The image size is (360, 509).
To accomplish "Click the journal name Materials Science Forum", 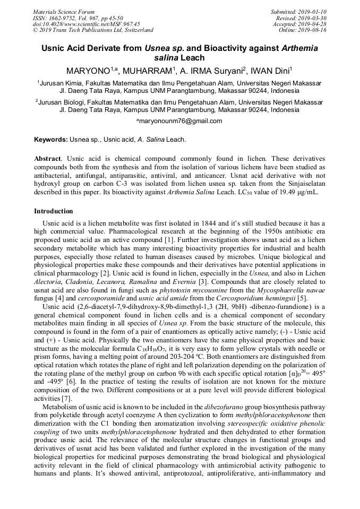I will tap(64, 12).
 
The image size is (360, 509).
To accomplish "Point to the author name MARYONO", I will tap(87, 71).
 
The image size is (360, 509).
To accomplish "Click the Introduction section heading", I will tap(53, 211).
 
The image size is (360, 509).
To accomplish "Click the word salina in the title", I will tap(165, 57).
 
